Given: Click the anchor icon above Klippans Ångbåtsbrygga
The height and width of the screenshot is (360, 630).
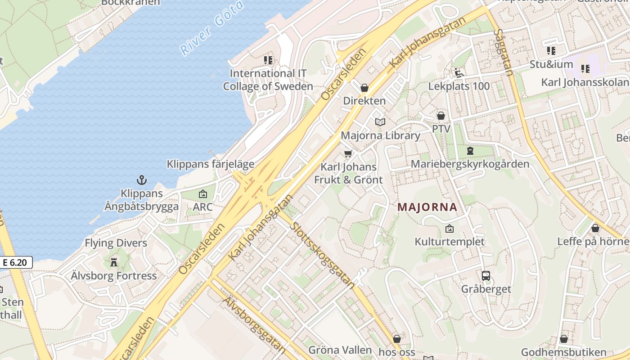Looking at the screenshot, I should pyautogui.click(x=142, y=180).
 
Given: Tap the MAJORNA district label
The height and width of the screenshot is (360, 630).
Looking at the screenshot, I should pyautogui.click(x=427, y=207).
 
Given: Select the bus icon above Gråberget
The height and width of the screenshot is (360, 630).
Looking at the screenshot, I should pyautogui.click(x=486, y=275).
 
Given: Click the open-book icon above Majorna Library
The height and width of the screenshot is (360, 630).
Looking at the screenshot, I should pyautogui.click(x=380, y=122).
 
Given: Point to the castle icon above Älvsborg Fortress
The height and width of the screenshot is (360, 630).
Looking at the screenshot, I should pyautogui.click(x=114, y=262).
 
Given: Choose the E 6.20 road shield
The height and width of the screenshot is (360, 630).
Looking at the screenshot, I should pyautogui.click(x=17, y=262).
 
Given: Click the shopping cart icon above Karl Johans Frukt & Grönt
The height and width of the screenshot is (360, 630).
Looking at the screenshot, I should pyautogui.click(x=348, y=153).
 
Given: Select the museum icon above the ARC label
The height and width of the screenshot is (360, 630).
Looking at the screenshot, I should pyautogui.click(x=203, y=194).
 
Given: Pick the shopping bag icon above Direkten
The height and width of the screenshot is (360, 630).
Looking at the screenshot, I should pyautogui.click(x=364, y=87).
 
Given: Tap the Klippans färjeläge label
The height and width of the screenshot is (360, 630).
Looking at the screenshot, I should pyautogui.click(x=211, y=164).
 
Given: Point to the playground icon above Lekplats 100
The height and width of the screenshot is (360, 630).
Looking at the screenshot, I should pyautogui.click(x=459, y=72).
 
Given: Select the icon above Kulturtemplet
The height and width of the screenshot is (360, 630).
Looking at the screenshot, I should pyautogui.click(x=449, y=229).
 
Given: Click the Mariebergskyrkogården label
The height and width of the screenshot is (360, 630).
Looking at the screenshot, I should pyautogui.click(x=470, y=164).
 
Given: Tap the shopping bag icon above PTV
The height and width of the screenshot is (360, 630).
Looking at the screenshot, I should pyautogui.click(x=441, y=116).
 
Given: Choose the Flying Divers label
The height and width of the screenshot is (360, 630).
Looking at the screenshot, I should pyautogui.click(x=116, y=243).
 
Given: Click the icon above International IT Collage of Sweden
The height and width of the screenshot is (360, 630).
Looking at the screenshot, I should pyautogui.click(x=268, y=60).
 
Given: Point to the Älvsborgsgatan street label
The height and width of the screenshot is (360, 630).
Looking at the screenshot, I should pyautogui.click(x=254, y=324).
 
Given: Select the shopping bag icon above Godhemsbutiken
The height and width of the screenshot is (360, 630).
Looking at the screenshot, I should pyautogui.click(x=564, y=339).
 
